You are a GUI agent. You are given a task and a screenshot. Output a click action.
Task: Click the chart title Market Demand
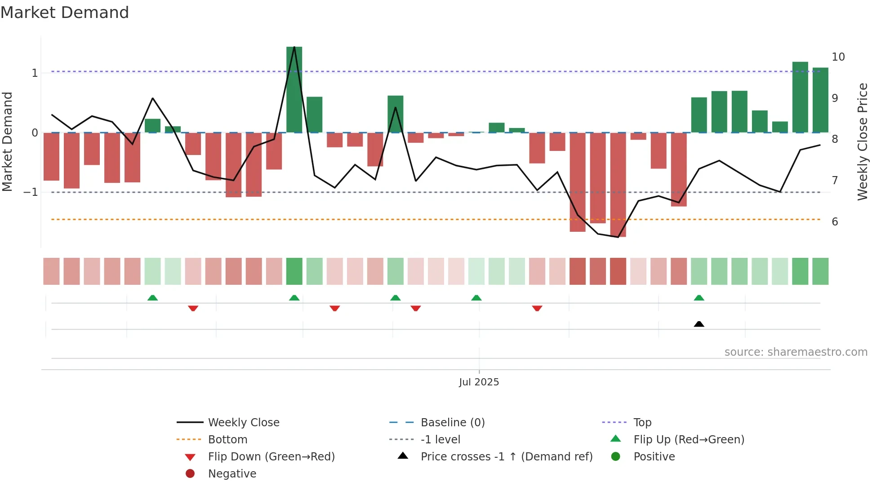pyautogui.click(x=65, y=13)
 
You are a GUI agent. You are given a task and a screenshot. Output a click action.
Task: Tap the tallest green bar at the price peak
pyautogui.click(x=294, y=90)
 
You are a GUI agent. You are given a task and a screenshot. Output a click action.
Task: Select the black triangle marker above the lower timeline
pyautogui.click(x=699, y=324)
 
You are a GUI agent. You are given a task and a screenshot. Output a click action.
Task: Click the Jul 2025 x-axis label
pyautogui.click(x=479, y=382)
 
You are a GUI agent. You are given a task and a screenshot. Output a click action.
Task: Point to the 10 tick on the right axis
pyautogui.click(x=838, y=57)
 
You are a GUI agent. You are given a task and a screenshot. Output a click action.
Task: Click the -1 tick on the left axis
pyautogui.click(x=31, y=192)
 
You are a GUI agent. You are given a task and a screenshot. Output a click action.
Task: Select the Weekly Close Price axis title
pyautogui.click(x=862, y=141)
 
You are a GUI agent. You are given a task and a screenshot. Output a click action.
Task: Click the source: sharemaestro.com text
pyautogui.click(x=796, y=352)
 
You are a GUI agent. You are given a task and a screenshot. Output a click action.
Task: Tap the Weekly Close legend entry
pyautogui.click(x=243, y=422)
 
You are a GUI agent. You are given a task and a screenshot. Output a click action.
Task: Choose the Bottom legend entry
pyautogui.click(x=227, y=439)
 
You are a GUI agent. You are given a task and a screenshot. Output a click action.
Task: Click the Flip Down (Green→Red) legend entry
pyautogui.click(x=271, y=456)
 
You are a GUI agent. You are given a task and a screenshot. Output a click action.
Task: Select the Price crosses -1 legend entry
pyautogui.click(x=506, y=456)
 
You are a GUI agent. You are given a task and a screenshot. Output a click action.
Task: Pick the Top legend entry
pyautogui.click(x=642, y=422)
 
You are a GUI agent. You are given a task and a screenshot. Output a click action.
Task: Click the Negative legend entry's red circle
pyautogui.click(x=190, y=473)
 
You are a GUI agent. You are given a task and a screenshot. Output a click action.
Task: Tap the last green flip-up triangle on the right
pyautogui.click(x=699, y=298)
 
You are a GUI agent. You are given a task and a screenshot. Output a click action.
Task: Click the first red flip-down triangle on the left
pyautogui.click(x=193, y=308)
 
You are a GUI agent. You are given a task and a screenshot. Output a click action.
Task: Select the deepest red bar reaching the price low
pyautogui.click(x=618, y=184)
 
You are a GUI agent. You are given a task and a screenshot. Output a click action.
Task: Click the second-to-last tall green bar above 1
pyautogui.click(x=800, y=97)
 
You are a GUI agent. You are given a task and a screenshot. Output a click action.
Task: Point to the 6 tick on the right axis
pyautogui.click(x=835, y=222)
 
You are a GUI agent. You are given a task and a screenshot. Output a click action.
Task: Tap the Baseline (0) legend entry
pyautogui.click(x=452, y=422)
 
